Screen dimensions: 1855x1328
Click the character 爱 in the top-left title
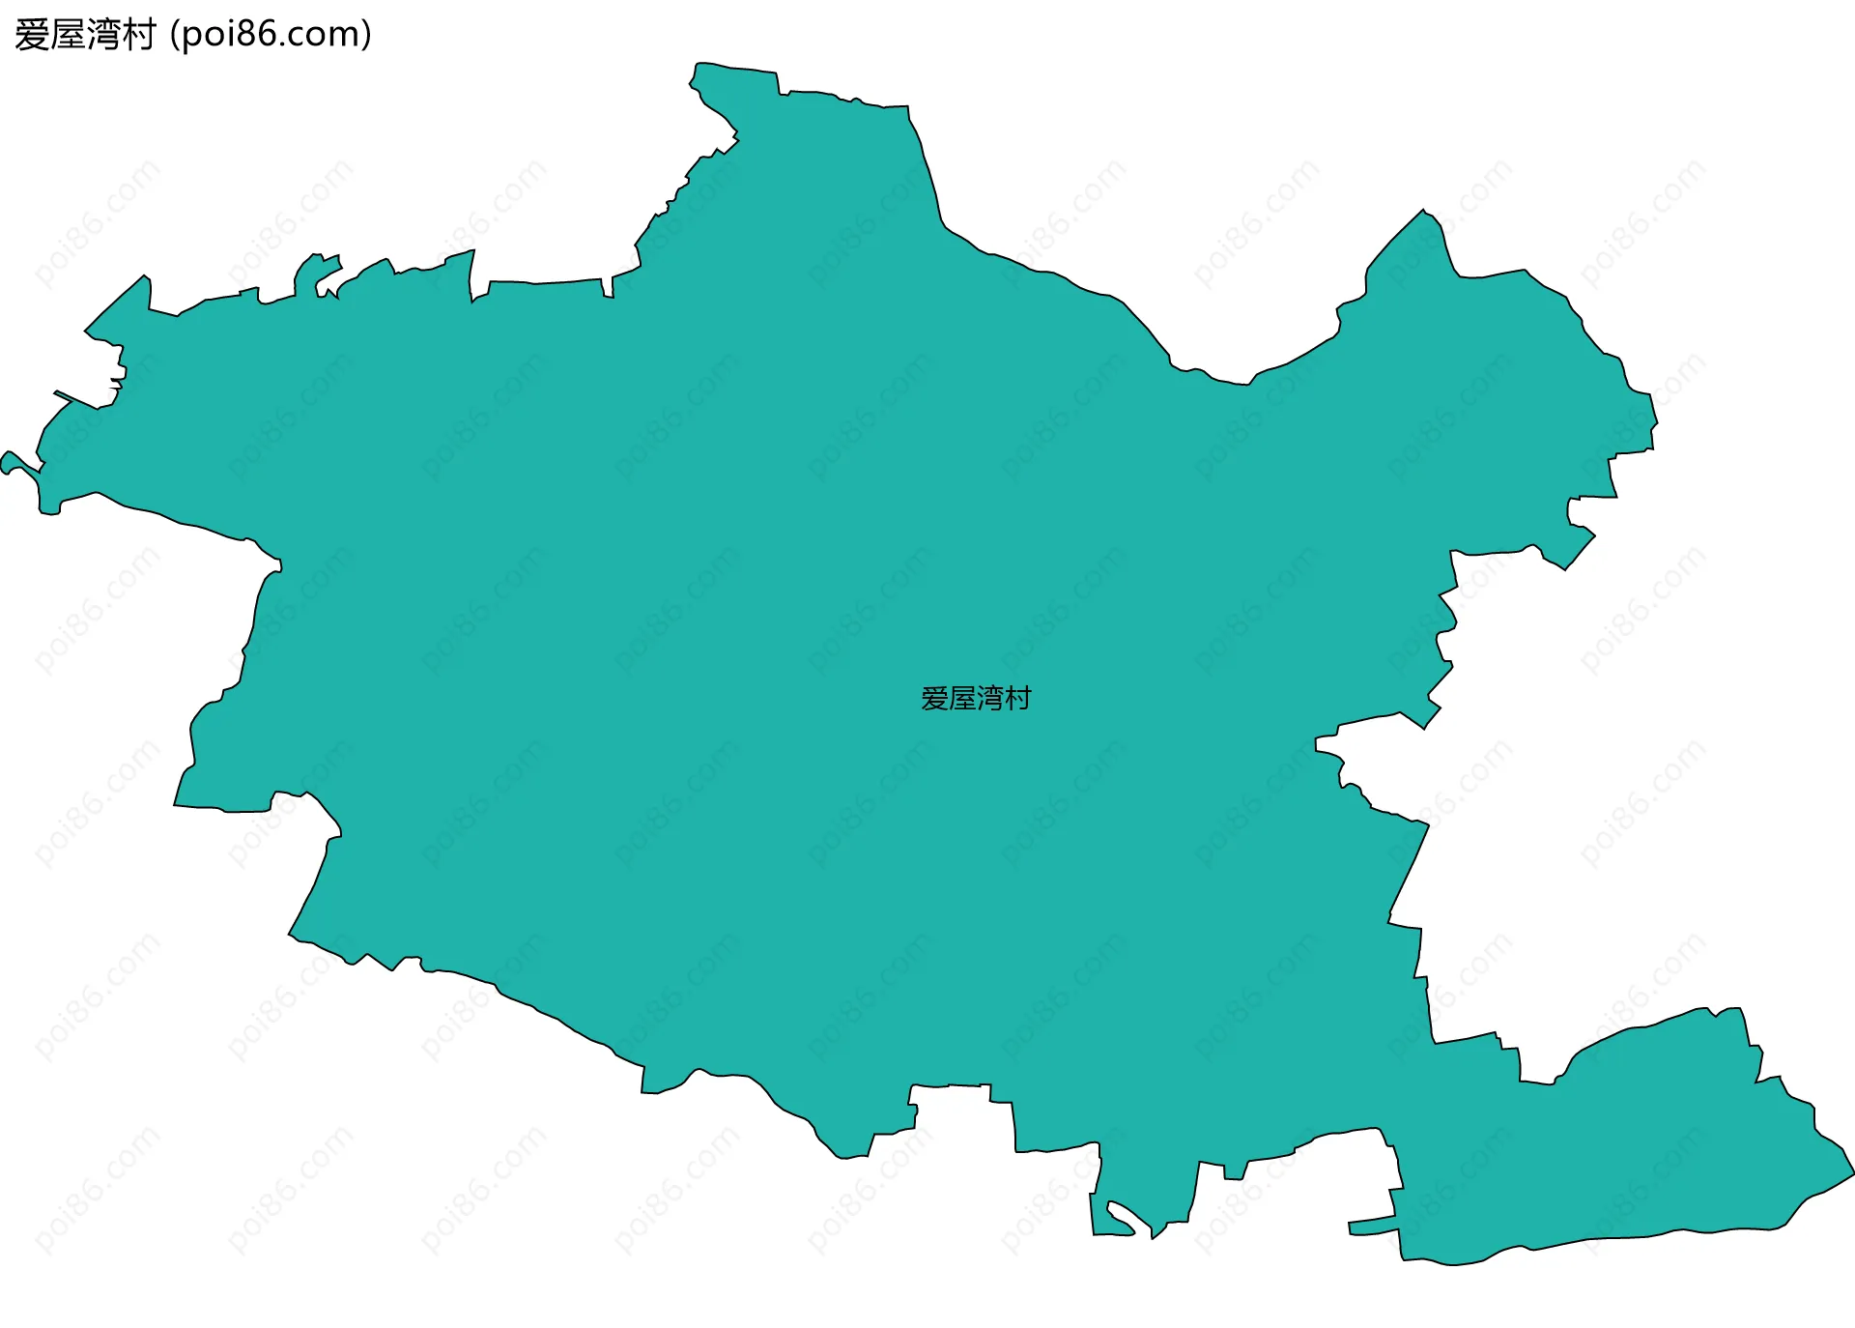(32, 36)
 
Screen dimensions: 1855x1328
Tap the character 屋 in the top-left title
(68, 36)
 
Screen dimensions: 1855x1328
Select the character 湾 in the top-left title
(103, 36)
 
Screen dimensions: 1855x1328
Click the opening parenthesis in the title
(174, 36)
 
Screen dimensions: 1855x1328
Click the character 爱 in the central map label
(934, 699)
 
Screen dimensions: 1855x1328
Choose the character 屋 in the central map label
(962, 699)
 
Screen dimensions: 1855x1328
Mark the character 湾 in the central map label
(990, 699)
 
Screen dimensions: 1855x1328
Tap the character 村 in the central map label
(1018, 699)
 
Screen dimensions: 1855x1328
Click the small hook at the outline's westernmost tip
(8, 460)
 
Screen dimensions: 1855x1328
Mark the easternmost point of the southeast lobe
(1851, 1173)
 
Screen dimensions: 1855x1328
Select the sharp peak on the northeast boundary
(1423, 212)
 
